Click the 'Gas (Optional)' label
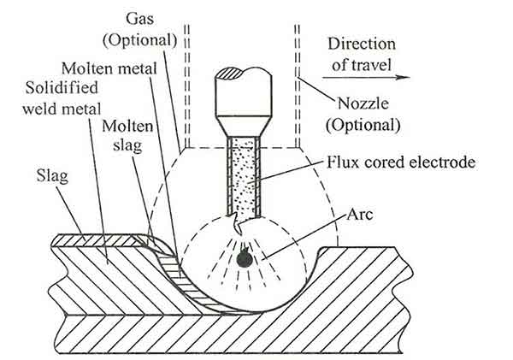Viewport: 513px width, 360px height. tap(151, 30)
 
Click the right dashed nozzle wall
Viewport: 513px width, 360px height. tap(297, 86)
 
